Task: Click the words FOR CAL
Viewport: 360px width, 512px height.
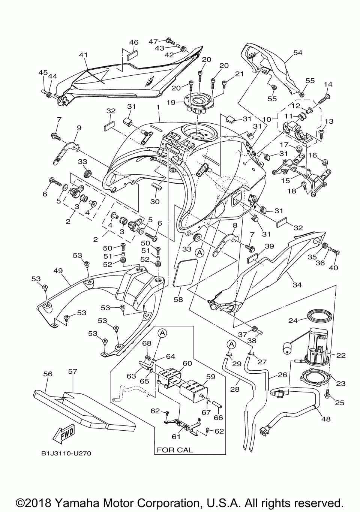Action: (x=175, y=450)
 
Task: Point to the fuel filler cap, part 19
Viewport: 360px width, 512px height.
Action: (x=200, y=103)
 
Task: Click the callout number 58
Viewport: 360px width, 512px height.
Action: (x=178, y=299)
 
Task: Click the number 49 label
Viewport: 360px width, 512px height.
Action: (x=58, y=271)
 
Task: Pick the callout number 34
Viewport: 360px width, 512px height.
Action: (x=297, y=285)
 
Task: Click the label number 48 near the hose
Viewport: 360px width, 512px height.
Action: (x=326, y=419)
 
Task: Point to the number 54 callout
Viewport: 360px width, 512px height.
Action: (x=298, y=52)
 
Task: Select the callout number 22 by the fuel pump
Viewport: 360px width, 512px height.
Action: (x=341, y=355)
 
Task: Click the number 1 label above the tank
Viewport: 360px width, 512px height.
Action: (x=158, y=107)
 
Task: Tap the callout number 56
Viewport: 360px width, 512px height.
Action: (x=48, y=374)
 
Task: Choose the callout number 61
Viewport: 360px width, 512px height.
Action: (x=176, y=437)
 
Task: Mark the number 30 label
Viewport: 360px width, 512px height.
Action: (x=155, y=201)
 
